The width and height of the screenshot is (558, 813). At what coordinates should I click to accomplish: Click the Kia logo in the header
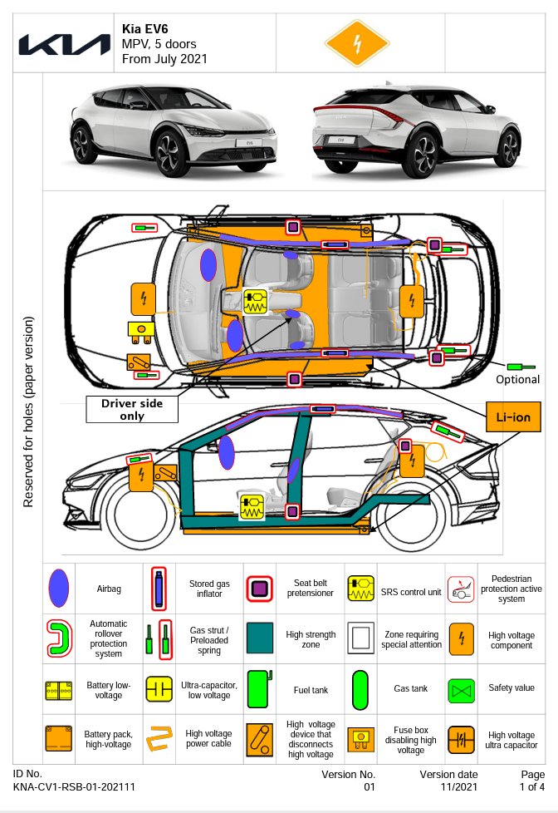point(64,44)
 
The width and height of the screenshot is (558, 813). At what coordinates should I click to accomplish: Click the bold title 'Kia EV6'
point(145,29)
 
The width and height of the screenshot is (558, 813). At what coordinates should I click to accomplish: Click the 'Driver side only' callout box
point(132,409)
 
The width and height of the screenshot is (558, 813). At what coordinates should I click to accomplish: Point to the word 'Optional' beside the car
point(517,380)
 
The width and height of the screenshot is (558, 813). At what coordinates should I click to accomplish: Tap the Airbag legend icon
point(58,589)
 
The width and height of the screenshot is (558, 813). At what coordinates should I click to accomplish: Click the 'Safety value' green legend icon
point(462,689)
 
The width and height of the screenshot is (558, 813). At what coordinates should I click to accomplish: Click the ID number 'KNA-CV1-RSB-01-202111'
point(75,786)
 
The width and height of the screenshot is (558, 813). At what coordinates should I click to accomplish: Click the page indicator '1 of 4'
point(531,786)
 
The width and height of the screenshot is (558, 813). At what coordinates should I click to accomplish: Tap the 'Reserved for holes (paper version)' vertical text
point(28,411)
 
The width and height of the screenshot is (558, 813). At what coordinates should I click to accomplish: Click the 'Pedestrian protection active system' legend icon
point(462,589)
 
